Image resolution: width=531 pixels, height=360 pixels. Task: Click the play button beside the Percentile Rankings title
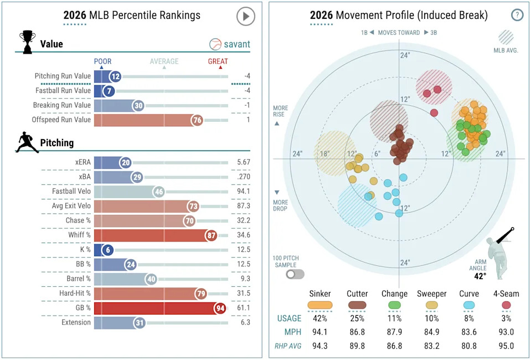[245, 16]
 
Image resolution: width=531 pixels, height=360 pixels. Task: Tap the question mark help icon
[517, 15]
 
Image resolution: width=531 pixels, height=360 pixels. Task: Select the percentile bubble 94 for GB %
[220, 307]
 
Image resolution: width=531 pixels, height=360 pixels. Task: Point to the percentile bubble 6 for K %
[108, 249]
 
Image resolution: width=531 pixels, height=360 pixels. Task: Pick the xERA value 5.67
[244, 162]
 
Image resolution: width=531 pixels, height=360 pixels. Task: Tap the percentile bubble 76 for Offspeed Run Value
[197, 120]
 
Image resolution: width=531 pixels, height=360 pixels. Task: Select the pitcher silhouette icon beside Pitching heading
[27, 142]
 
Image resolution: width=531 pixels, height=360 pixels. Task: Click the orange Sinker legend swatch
[320, 305]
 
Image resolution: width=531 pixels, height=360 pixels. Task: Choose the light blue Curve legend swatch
[468, 305]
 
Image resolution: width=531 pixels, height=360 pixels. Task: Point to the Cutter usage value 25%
[357, 318]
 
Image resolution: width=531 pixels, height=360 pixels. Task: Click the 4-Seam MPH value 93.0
[506, 332]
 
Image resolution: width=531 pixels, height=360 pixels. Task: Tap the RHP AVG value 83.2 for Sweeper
[431, 346]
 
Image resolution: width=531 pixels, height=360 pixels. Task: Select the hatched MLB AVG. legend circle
[506, 37]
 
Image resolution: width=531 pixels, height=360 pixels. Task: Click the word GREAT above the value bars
[218, 61]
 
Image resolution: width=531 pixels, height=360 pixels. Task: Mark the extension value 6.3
[244, 322]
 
